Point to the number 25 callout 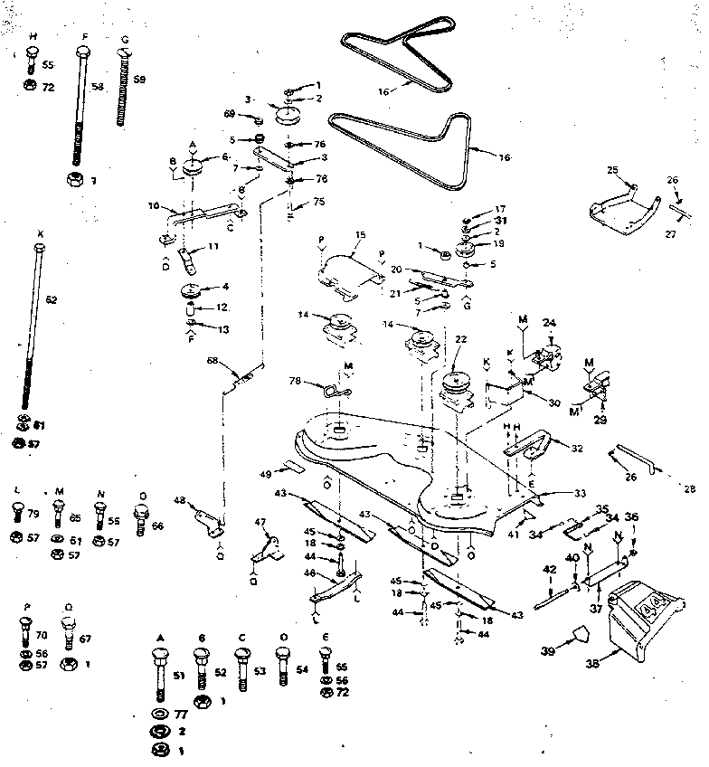click(x=612, y=170)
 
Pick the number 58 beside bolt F click(x=98, y=87)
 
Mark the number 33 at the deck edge click(x=580, y=494)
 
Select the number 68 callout click(x=213, y=363)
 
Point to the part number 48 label click(x=180, y=500)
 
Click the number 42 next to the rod click(x=549, y=569)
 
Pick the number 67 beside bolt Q click(x=86, y=639)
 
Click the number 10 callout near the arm click(x=154, y=205)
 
